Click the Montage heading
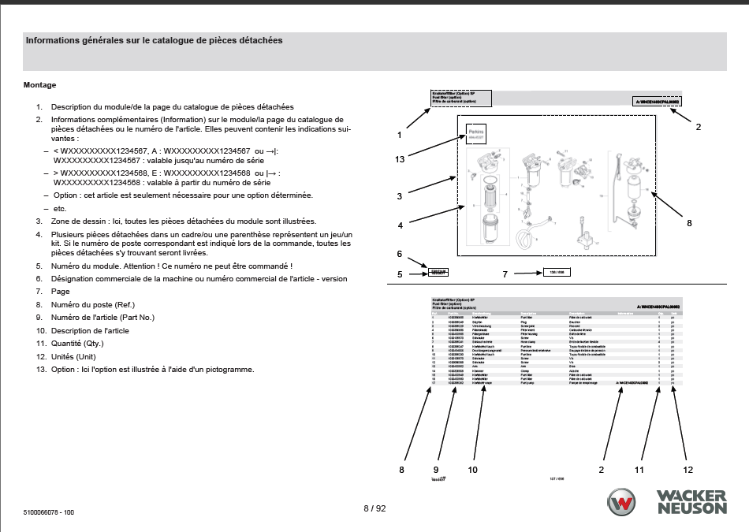39,85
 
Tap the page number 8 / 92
374,508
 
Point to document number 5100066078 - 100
49,512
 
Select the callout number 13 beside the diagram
400,159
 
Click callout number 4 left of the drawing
401,225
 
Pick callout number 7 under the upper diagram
505,274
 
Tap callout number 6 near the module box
400,255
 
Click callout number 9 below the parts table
436,470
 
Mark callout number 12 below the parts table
688,470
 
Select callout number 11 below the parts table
639,470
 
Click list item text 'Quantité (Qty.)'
77,344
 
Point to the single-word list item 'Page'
61,292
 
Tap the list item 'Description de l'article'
90,331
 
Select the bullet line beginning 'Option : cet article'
181,195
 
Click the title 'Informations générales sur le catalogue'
154,40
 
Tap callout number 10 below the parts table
472,470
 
